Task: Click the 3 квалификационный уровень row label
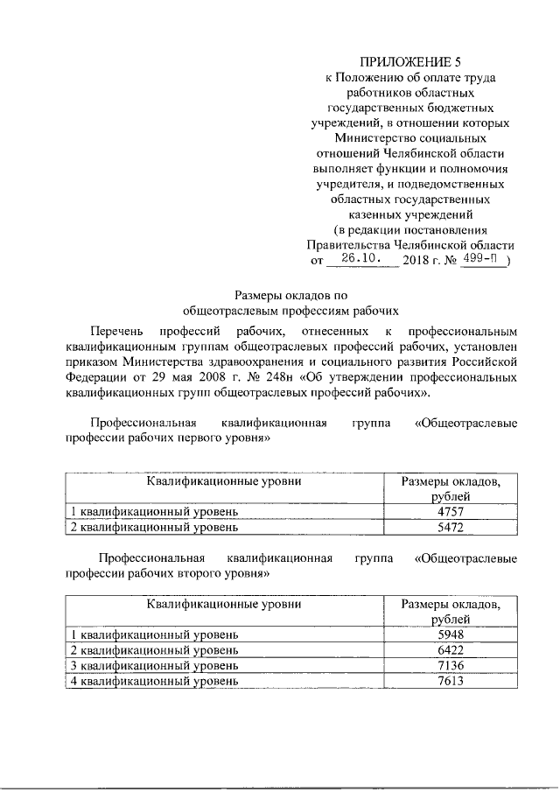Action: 154,666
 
